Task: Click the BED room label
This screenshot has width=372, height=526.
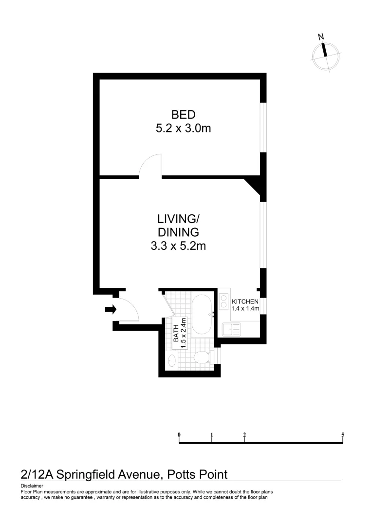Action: coord(183,115)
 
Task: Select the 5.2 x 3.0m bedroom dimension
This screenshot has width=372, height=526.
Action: coord(183,129)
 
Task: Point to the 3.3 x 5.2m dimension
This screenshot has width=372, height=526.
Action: coord(178,246)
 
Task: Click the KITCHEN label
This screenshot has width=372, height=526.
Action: coord(245,301)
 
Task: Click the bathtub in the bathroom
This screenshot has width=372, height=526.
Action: coord(201,315)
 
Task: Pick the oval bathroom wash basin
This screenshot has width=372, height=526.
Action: coord(171,361)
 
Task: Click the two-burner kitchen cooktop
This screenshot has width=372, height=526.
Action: coord(224,302)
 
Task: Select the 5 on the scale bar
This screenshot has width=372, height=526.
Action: coord(343,434)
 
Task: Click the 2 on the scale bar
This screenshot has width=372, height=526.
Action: coord(244,434)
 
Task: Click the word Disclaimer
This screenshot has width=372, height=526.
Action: coord(32,486)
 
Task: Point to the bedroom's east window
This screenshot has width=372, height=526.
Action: coord(263,127)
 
